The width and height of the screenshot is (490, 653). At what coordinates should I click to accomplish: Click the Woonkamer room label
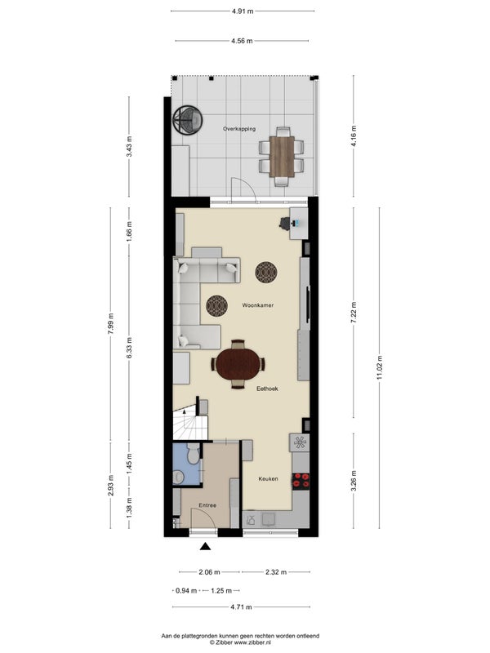click(258, 305)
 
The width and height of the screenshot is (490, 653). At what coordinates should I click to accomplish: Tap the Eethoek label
click(267, 389)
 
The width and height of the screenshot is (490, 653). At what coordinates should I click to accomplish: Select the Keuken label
click(268, 479)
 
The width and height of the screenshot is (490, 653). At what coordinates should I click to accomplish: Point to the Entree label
click(207, 505)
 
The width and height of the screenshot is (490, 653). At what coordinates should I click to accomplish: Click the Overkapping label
click(239, 129)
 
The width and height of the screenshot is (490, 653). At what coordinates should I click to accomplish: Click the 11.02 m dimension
click(379, 368)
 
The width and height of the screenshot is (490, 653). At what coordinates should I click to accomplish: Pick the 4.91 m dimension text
click(243, 11)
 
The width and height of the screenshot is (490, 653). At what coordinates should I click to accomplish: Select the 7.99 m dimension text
click(110, 323)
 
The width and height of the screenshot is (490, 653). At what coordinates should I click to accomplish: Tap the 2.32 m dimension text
click(276, 572)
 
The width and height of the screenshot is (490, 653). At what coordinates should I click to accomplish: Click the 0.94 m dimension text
click(186, 590)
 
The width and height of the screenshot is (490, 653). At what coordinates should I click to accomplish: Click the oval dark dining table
click(238, 364)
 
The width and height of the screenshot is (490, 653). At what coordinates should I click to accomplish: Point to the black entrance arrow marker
click(205, 546)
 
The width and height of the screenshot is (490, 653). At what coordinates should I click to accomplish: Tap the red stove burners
click(301, 480)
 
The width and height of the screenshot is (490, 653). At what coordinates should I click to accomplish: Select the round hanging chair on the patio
click(188, 119)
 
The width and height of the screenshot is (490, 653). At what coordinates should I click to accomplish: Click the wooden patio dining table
click(282, 156)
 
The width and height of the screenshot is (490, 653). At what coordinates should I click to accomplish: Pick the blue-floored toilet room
click(187, 464)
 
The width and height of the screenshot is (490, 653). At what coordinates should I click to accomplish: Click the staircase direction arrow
click(185, 414)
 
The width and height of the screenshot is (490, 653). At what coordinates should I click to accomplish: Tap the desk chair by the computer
click(285, 224)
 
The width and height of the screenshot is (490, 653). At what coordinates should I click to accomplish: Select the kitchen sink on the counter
click(269, 519)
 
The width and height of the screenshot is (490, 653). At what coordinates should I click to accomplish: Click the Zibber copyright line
click(240, 642)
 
